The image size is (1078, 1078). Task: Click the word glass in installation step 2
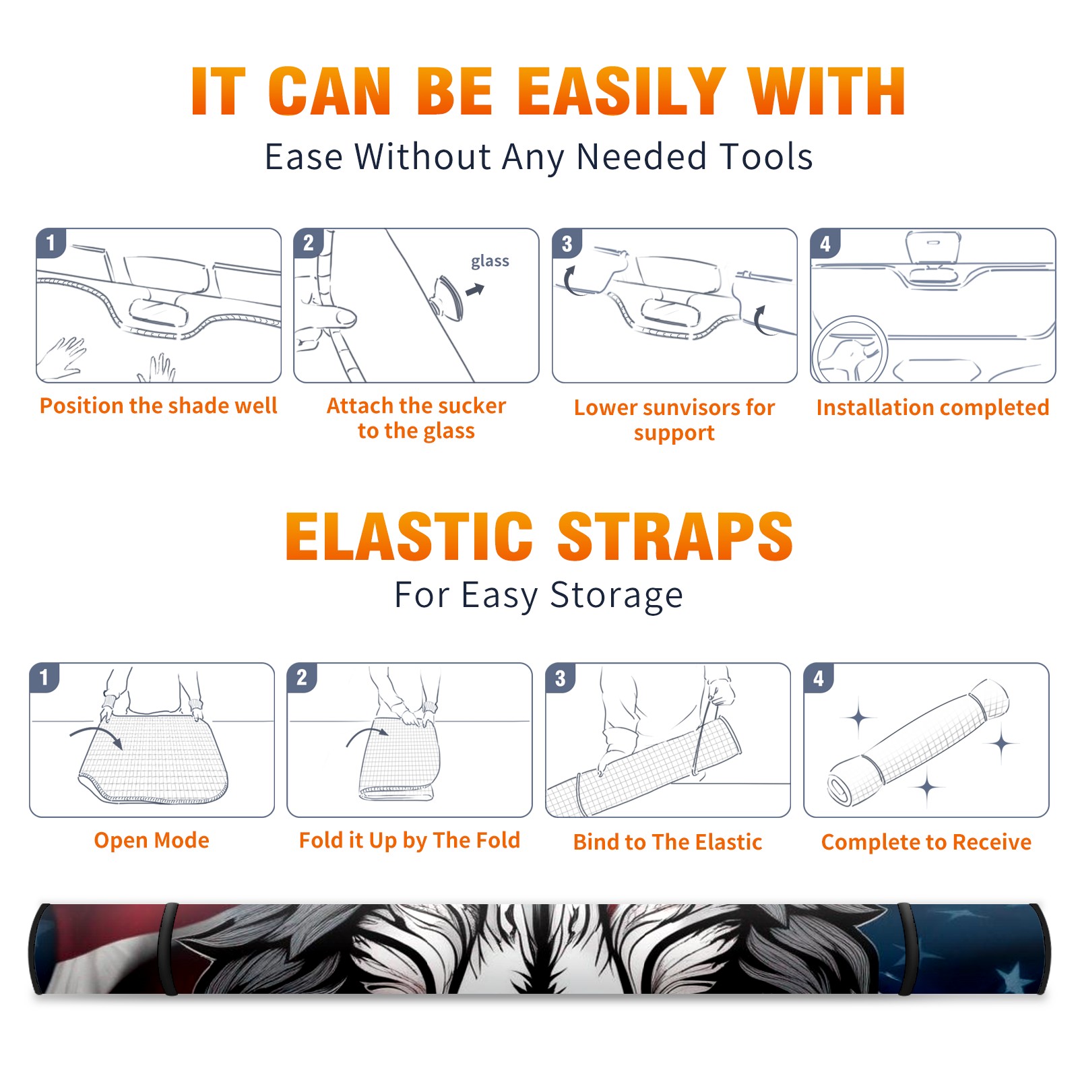coord(490,261)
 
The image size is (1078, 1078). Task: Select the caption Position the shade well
coord(158,406)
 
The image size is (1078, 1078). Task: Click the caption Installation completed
coord(932,407)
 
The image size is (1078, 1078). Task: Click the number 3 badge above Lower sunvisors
coord(567,244)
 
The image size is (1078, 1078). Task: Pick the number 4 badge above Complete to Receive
coord(819,678)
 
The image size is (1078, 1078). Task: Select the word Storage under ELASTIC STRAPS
coord(616,596)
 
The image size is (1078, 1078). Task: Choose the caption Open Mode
coord(152,840)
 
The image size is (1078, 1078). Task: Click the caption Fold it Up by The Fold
coord(410,840)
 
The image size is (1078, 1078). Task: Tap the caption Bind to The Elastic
coord(668,842)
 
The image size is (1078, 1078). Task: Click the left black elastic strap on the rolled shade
coord(168,949)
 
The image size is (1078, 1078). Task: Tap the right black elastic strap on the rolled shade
coord(906,949)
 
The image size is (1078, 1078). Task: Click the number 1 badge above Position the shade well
coord(51,243)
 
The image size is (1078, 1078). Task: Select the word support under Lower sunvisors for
coord(674,433)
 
